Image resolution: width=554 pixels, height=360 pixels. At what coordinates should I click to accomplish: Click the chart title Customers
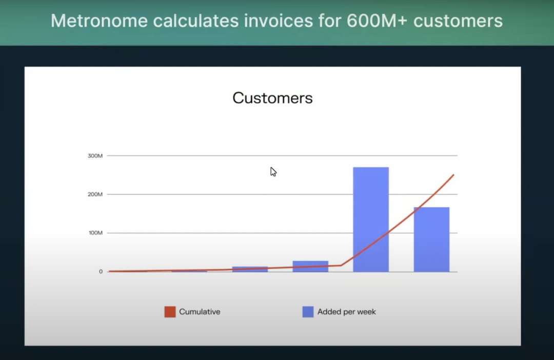272,98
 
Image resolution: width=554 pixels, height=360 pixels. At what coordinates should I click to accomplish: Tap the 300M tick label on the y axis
95,156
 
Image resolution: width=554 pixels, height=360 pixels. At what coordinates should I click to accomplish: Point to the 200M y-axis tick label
95,194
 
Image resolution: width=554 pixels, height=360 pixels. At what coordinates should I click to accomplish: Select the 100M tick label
95,233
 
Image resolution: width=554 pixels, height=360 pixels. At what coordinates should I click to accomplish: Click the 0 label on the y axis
101,271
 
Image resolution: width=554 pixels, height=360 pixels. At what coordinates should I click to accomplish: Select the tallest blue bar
371,219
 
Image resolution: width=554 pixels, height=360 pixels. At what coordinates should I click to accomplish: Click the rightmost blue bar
431,239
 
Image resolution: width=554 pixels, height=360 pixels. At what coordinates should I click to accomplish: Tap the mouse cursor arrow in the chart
273,172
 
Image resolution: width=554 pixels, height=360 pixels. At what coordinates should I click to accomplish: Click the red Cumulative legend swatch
170,312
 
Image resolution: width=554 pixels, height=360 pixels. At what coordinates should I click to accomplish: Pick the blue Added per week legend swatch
308,312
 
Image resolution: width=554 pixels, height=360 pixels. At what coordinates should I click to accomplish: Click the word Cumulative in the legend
200,312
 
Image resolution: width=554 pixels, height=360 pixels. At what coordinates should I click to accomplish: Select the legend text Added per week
347,312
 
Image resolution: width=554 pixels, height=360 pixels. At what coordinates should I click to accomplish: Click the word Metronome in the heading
100,21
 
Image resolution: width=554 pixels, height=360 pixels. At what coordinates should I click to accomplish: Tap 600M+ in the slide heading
377,21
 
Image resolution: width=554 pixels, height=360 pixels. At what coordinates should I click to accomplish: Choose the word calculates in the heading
196,21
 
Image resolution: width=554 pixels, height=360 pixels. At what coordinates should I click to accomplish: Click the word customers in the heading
458,21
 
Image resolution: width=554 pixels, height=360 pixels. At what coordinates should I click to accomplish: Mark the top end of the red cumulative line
453,174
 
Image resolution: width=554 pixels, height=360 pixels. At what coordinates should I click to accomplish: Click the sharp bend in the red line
341,265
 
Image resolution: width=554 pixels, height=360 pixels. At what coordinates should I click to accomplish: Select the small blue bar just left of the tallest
310,266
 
